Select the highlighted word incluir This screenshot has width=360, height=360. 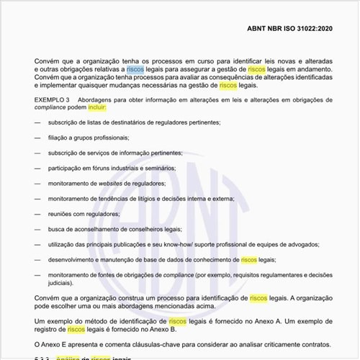pos(96,107)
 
